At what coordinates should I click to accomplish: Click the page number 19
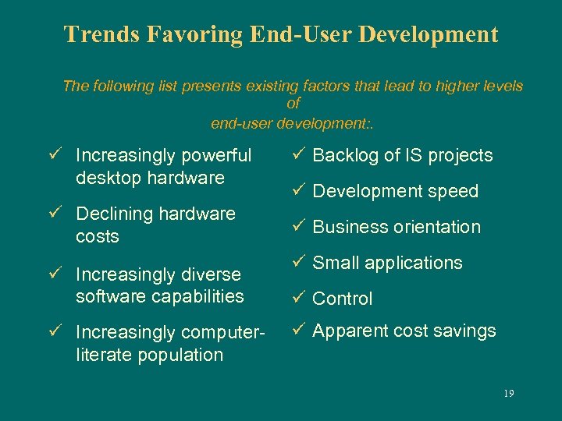(508, 394)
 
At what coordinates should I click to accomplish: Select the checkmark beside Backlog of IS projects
(301, 155)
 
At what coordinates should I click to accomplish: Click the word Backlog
(344, 155)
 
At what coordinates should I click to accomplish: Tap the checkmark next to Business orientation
(301, 227)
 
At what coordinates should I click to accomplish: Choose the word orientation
(437, 227)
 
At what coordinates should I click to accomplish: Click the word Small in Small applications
(335, 263)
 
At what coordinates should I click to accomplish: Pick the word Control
(343, 299)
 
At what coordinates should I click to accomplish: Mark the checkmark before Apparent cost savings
(301, 331)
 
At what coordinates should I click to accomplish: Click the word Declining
(110, 214)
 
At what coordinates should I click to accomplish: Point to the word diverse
(212, 274)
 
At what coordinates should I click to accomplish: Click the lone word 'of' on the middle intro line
(293, 104)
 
